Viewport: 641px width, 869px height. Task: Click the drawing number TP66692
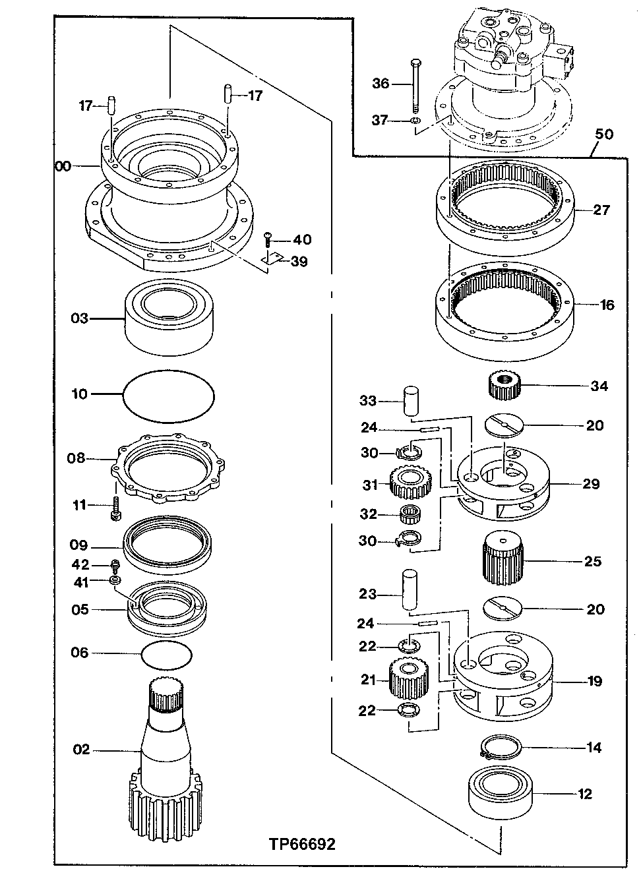pyautogui.click(x=302, y=845)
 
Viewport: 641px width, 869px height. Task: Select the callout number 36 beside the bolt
pyautogui.click(x=381, y=84)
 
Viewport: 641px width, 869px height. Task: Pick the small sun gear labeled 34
pyautogui.click(x=504, y=384)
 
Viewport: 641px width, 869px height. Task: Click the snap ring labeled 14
pyautogui.click(x=501, y=748)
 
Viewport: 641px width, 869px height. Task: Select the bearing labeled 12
pyautogui.click(x=501, y=794)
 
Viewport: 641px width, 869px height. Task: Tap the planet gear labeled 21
pyautogui.click(x=410, y=680)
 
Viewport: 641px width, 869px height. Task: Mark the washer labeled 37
pyautogui.click(x=415, y=121)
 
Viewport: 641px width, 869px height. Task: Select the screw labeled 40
pyautogui.click(x=268, y=238)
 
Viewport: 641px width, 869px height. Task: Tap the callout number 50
pyautogui.click(x=603, y=135)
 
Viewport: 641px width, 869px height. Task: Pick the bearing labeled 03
pyautogui.click(x=169, y=318)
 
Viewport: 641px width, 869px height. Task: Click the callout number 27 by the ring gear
pyautogui.click(x=601, y=210)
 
